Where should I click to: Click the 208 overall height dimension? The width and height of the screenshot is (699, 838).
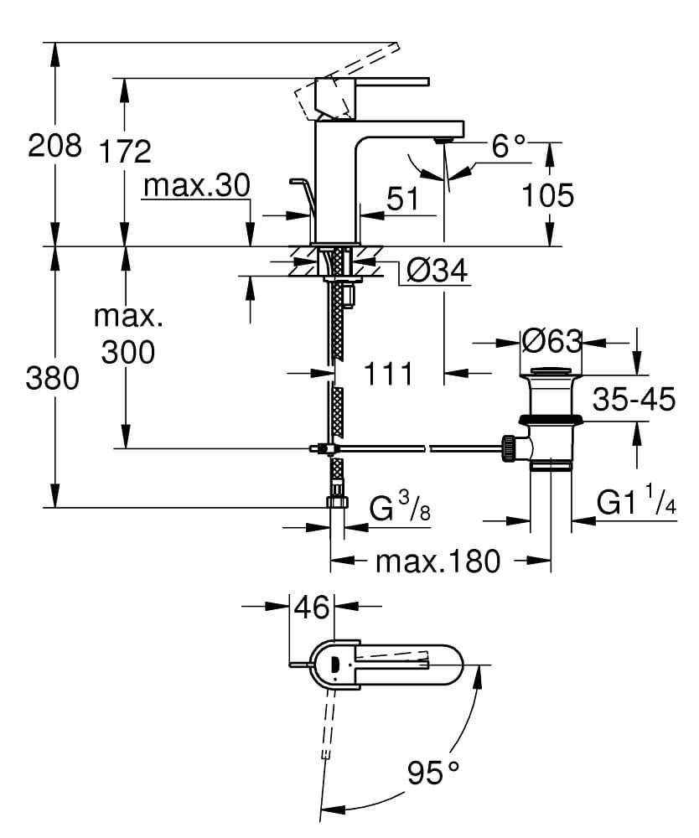pos(54,145)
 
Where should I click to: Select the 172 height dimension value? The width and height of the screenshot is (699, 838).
pos(126,151)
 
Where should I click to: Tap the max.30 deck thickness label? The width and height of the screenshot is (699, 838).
pos(197,185)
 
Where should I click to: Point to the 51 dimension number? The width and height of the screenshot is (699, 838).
pos(403,199)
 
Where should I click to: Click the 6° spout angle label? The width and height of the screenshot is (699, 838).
pos(508,145)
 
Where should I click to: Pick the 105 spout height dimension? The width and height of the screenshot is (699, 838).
pos(547,195)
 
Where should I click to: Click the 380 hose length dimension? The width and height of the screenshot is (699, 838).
pos(52,378)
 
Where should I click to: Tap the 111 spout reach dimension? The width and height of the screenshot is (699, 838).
pos(389,373)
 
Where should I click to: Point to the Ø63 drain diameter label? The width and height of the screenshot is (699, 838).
pos(551,341)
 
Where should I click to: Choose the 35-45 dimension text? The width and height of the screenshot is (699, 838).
pos(634,399)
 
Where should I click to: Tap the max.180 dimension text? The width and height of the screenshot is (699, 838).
pos(438,561)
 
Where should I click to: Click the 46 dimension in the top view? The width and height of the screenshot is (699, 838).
pos(312,607)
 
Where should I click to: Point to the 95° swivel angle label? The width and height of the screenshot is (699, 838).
pos(432,773)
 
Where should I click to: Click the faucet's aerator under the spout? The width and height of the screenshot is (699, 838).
pos(443,140)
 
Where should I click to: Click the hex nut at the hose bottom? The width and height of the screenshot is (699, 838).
pos(337,502)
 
